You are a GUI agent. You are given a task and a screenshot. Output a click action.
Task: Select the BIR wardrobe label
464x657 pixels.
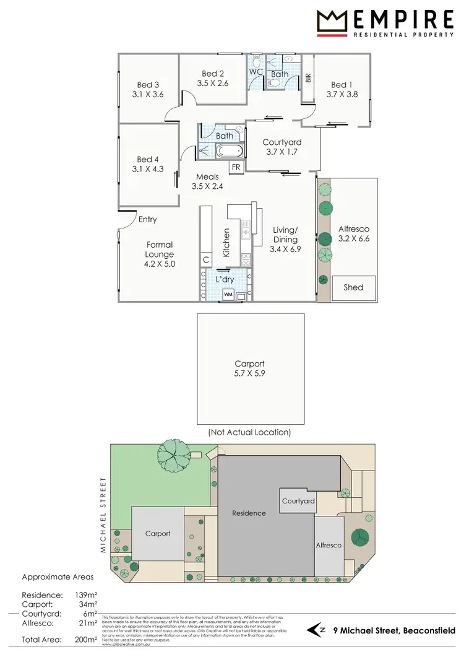coord(307,78)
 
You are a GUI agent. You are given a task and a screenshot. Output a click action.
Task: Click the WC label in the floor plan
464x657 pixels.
coord(256,72)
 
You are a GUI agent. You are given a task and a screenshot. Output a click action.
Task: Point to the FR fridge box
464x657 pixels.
coord(236,167)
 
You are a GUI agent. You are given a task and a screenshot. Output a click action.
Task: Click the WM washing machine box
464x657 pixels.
coord(228,294)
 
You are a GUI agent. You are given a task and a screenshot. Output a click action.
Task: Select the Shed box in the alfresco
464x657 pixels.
coord(353,287)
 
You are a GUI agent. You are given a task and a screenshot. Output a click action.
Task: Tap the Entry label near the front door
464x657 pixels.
coord(147,219)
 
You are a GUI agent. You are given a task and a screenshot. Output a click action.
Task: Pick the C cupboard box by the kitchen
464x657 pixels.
coord(206,259)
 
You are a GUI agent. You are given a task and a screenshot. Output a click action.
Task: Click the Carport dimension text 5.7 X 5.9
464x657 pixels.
coord(250,374)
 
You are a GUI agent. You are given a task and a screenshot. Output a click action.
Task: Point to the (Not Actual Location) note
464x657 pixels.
coord(250,432)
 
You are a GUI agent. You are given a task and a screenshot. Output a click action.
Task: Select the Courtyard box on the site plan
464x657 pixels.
coord(298,501)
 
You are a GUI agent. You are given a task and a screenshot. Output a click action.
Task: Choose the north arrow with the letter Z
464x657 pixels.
coord(317,630)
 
